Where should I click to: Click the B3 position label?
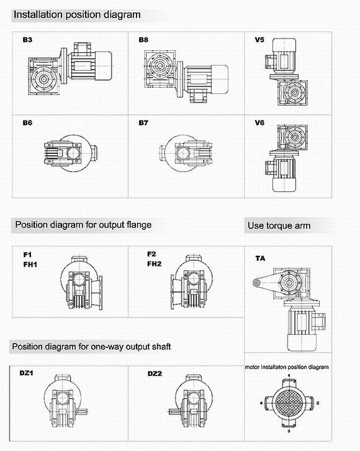27,40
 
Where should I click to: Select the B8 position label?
143,40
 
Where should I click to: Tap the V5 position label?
259,40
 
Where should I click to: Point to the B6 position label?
27,123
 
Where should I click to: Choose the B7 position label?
143,123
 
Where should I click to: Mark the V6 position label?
259,123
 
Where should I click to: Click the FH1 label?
30,265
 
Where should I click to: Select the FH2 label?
155,264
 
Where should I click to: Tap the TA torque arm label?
260,258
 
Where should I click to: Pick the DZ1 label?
27,373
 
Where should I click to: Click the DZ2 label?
155,373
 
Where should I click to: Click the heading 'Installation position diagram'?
77,15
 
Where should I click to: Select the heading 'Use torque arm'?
279,225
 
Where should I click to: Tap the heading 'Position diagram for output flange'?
83,225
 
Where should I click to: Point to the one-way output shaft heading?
91,347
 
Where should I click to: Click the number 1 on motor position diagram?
289,376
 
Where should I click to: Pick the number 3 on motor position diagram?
289,431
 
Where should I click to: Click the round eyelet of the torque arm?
256,283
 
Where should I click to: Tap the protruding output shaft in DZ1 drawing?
82,412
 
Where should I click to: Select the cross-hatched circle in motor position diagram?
288,403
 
